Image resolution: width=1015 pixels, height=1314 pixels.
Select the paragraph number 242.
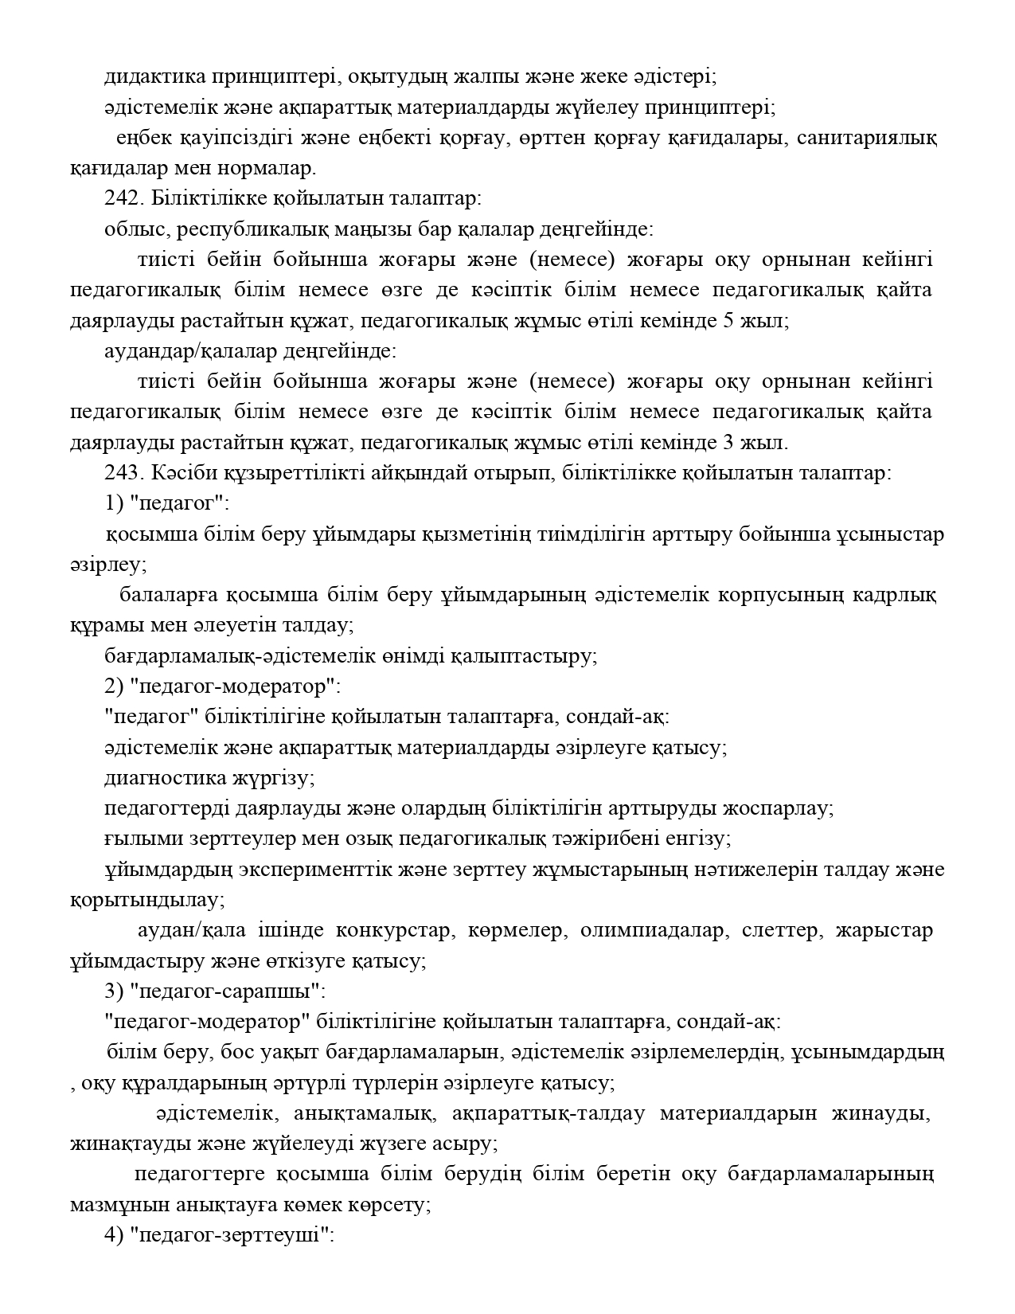[121, 199]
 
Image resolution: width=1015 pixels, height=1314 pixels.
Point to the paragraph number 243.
[121, 472]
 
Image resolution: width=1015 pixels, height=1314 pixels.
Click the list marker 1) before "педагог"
[113, 503]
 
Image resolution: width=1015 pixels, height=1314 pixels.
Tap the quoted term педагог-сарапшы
[224, 992]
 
